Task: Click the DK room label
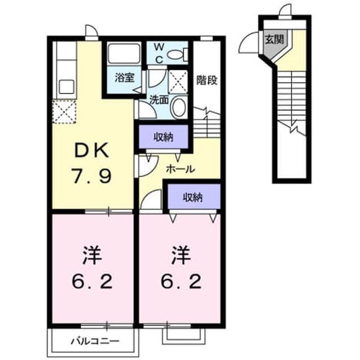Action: tap(92, 150)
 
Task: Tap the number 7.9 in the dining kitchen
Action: tap(92, 176)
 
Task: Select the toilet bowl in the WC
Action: tap(175, 55)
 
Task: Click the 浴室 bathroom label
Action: tap(124, 78)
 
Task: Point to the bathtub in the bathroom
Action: tap(124, 54)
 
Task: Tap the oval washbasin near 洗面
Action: tap(179, 107)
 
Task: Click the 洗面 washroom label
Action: tap(159, 100)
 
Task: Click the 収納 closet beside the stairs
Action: tap(164, 137)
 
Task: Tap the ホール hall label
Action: tap(181, 169)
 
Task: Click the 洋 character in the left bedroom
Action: tap(92, 255)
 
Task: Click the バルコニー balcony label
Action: tap(95, 341)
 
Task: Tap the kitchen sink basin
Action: tap(66, 87)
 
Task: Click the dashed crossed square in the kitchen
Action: tap(64, 112)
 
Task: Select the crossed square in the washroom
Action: tap(178, 82)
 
